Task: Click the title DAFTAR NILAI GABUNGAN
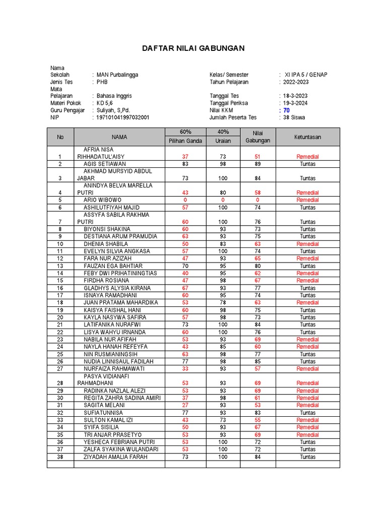pos(193,48)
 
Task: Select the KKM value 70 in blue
pos(286,110)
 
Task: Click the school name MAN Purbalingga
pos(117,75)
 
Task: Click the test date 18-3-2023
pos(296,96)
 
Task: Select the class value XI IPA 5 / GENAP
pos(306,75)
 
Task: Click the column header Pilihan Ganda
pos(185,141)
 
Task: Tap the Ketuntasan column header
pos(307,137)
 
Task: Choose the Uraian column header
pos(223,141)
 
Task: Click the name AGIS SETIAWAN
pos(105,164)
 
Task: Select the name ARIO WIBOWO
pos(102,200)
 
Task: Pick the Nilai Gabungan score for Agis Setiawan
pos(257,164)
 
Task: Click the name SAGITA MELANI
pos(105,405)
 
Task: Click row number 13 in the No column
pos(60,266)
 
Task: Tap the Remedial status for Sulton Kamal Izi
pos(307,420)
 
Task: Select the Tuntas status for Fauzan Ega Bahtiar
pos(307,266)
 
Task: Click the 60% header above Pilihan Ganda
pos(185,132)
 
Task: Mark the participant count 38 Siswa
pos(294,117)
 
